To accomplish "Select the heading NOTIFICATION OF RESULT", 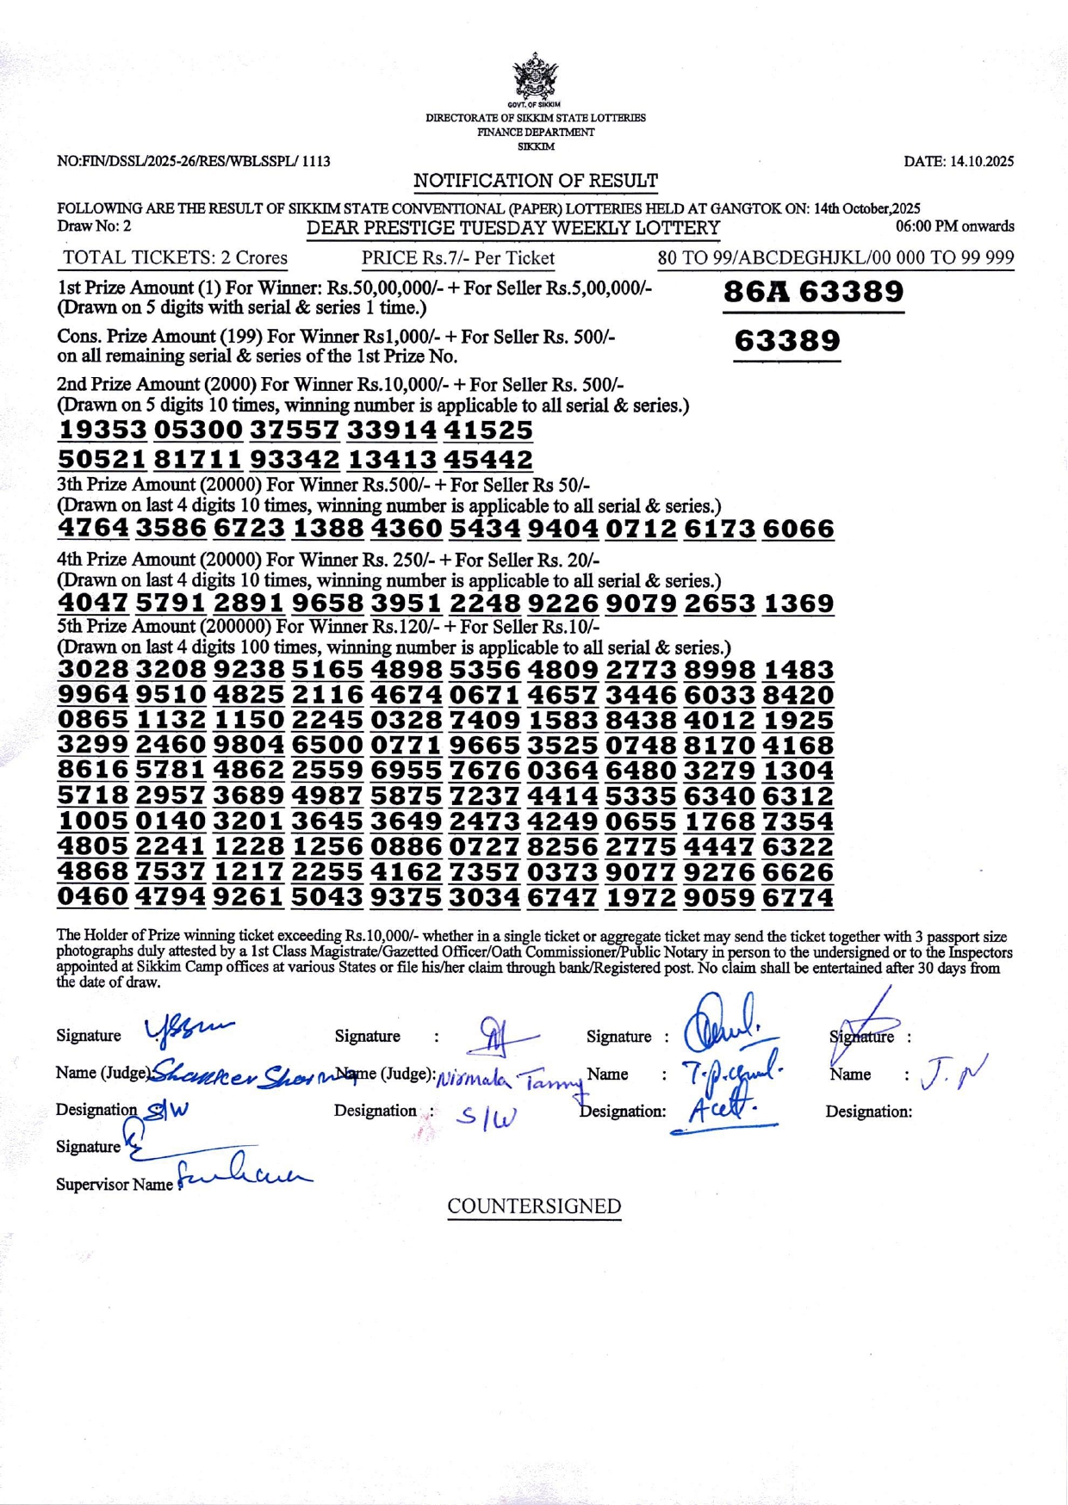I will (x=535, y=181).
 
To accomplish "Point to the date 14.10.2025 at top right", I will (x=959, y=161).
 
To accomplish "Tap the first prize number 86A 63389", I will (x=813, y=292).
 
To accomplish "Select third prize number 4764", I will (x=93, y=528).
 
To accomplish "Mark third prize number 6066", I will (x=798, y=528).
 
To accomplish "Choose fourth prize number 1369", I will (x=798, y=603).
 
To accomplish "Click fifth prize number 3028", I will (x=93, y=670).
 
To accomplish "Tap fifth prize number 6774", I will (x=798, y=897).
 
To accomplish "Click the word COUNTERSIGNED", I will (x=534, y=1206).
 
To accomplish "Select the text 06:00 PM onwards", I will (x=954, y=226).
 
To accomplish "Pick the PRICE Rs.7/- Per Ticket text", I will (x=457, y=257).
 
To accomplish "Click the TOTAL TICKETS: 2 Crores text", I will (x=175, y=257).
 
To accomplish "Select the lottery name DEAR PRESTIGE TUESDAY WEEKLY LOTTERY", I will (x=513, y=228).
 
